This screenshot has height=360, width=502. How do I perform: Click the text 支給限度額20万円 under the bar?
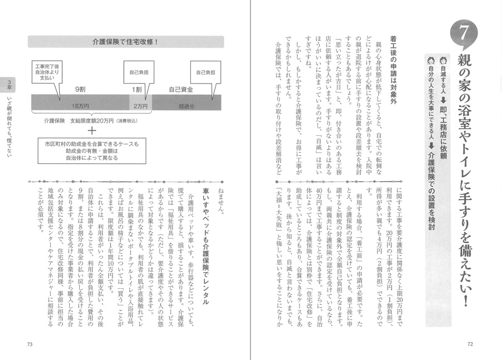[x=100, y=119]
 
